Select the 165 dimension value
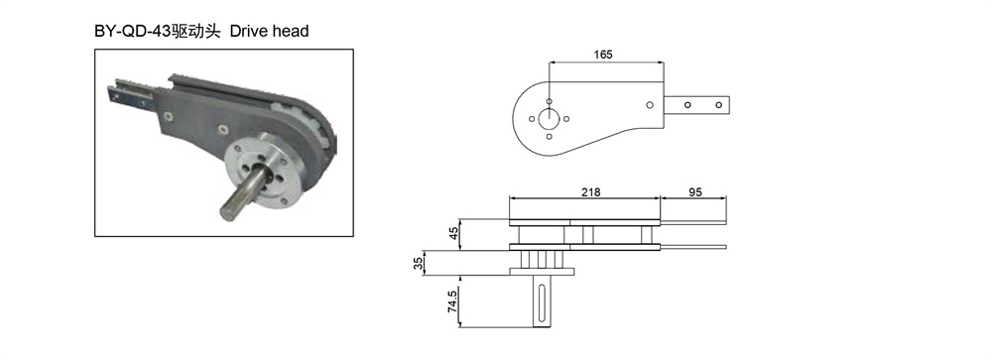[x=603, y=55]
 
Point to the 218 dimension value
[x=591, y=191]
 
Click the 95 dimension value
[x=694, y=191]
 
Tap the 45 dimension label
[x=453, y=233]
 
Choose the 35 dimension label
[x=418, y=263]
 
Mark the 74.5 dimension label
[x=453, y=301]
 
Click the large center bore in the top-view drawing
[x=549, y=118]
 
